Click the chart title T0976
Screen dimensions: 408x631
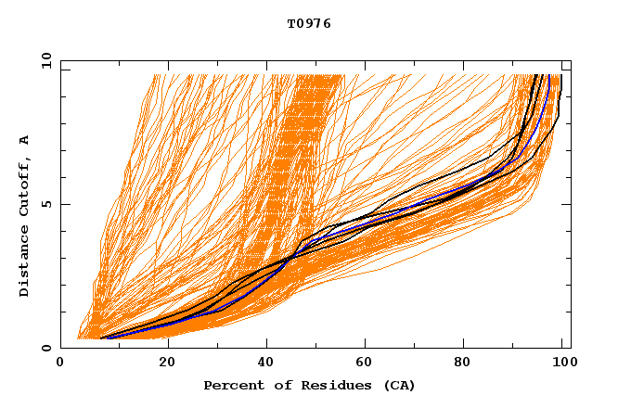tap(309, 24)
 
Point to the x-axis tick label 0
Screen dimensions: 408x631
tap(61, 363)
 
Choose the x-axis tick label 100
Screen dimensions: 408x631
tap(560, 363)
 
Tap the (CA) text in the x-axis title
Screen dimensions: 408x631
tap(398, 386)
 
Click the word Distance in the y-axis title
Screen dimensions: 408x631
tap(25, 263)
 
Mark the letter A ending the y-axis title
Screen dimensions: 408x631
tap(25, 139)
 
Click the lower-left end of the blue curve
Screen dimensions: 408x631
tap(107, 338)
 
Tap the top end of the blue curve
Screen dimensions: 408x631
tap(548, 75)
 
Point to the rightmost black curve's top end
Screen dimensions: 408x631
tap(560, 75)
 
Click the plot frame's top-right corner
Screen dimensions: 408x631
tap(571, 60)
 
